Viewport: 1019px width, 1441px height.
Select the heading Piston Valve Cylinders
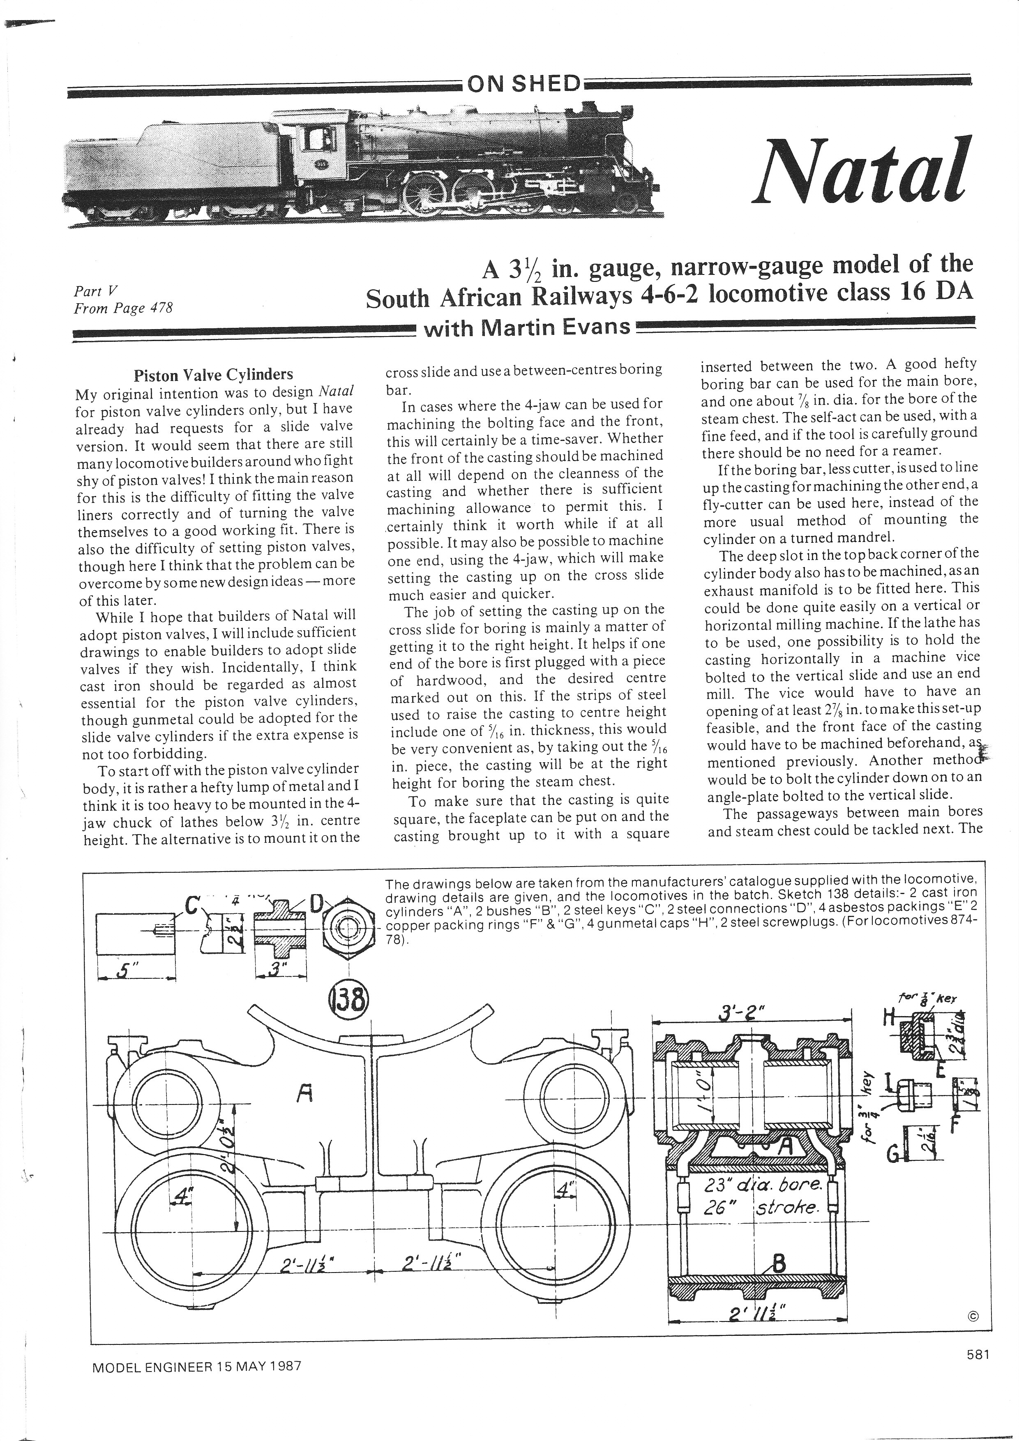pos(213,375)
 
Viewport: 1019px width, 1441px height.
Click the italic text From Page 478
pos(123,309)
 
